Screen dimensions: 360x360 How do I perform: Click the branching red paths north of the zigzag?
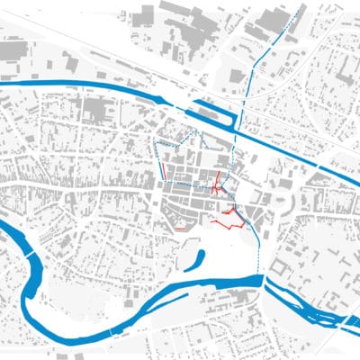point(217,185)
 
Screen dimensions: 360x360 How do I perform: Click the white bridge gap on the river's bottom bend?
point(112,333)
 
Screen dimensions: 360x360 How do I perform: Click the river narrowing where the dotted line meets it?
point(263,281)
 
